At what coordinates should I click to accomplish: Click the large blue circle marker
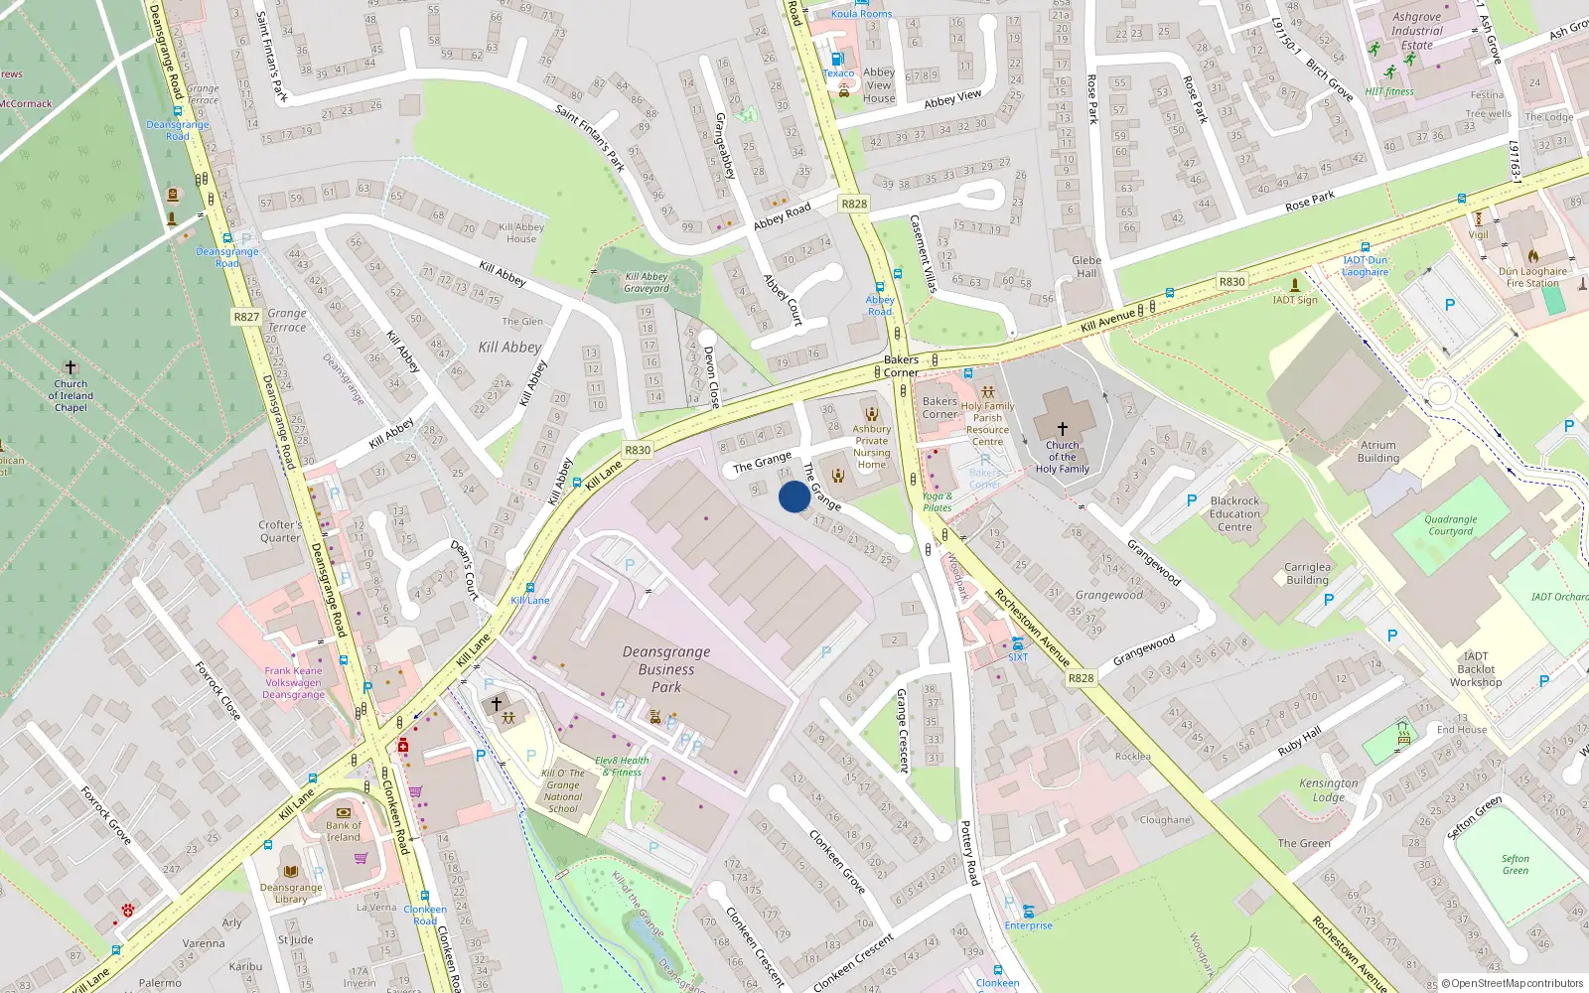point(794,496)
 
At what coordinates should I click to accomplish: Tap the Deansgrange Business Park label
point(666,669)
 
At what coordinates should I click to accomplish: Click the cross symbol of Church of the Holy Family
point(1062,429)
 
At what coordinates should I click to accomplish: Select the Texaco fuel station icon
point(837,59)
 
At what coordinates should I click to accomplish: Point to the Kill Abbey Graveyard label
point(647,283)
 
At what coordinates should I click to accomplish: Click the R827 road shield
point(246,317)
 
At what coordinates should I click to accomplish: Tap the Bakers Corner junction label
point(901,366)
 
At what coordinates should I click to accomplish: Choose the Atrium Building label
point(1377,452)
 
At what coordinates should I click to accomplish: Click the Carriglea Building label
point(1307,574)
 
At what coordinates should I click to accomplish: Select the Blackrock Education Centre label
point(1234,514)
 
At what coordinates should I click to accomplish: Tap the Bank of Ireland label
point(344,831)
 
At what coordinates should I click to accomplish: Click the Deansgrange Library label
point(291,893)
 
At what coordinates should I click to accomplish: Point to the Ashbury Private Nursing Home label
point(871,447)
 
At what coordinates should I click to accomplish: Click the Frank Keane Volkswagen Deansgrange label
point(293,683)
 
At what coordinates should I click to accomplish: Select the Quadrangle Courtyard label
point(1450,525)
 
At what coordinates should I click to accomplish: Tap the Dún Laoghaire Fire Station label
point(1532,277)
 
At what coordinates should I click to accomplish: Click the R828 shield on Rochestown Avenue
point(1081,678)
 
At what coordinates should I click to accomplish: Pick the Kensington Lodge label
point(1328,790)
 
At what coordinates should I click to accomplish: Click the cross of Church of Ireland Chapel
point(71,367)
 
